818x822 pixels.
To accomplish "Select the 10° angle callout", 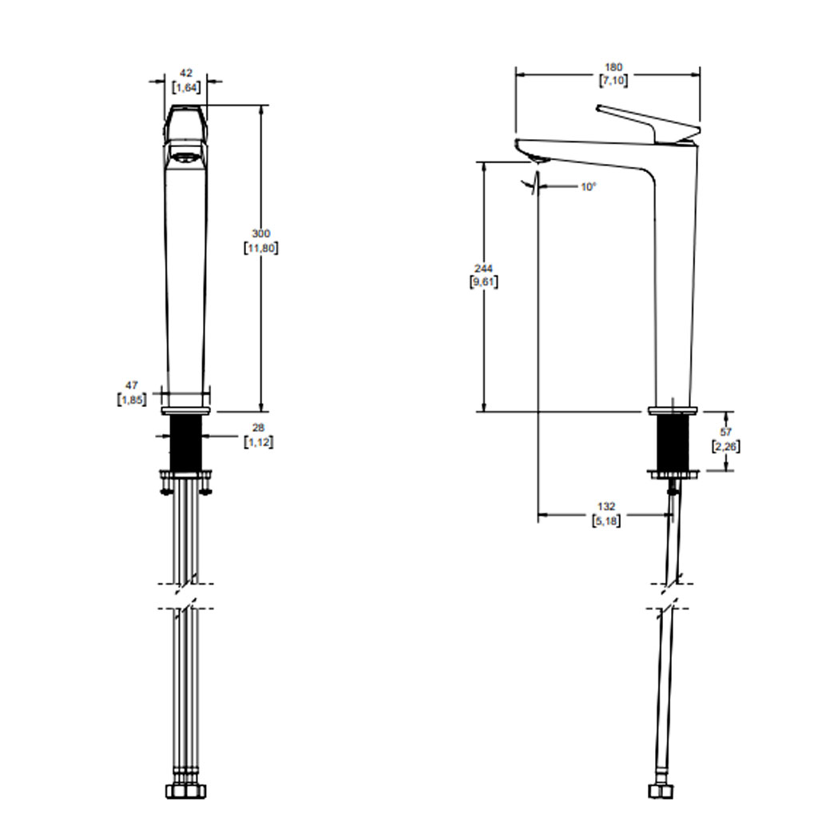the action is (588, 186).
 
